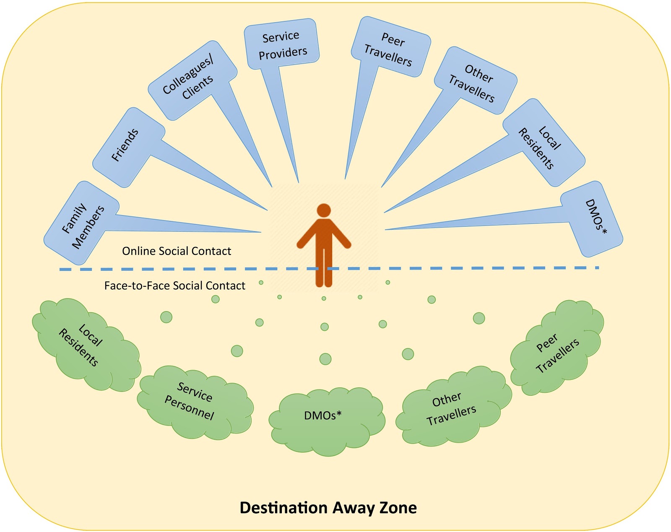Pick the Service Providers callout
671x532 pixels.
click(281, 44)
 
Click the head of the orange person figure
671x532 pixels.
click(324, 210)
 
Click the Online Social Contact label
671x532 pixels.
click(177, 251)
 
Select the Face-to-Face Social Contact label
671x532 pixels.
click(174, 286)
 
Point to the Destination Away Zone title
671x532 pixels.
click(328, 508)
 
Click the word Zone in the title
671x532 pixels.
click(398, 508)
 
